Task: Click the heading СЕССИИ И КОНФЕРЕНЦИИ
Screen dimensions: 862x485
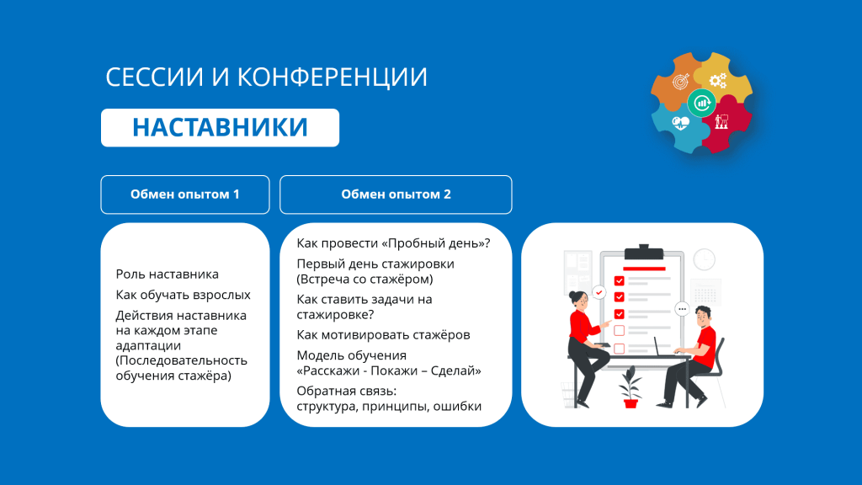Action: (266, 77)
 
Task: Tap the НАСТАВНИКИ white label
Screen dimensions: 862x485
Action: (220, 128)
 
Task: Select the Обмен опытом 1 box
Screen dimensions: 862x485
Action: (185, 195)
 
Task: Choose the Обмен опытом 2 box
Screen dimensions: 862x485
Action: (396, 195)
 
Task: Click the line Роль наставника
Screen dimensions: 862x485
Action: (168, 274)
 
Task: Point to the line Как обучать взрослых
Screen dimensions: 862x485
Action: (183, 295)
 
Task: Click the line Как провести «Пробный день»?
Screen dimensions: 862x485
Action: (394, 243)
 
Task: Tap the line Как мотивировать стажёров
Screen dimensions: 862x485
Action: (383, 335)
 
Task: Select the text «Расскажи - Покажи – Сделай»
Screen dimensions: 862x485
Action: (389, 370)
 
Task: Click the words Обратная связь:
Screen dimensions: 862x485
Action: (346, 391)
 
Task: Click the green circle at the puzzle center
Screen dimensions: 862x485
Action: (701, 102)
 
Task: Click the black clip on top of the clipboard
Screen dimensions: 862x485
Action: (644, 253)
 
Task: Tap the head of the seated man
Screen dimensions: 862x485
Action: (702, 317)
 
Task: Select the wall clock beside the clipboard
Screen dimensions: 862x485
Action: (705, 259)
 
